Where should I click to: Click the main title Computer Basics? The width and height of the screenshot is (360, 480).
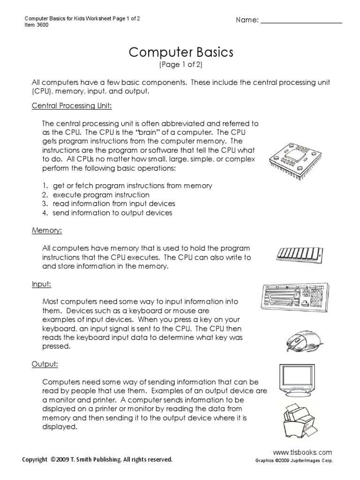coord(180,52)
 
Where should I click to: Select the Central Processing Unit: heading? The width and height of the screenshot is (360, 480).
coord(72,106)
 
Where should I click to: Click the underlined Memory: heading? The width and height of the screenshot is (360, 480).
coord(47,231)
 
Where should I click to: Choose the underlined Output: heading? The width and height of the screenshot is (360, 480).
coord(45,364)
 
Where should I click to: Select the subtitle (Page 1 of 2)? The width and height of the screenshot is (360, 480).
coord(180,65)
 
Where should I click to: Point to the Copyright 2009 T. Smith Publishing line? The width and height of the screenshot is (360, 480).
coord(97,460)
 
